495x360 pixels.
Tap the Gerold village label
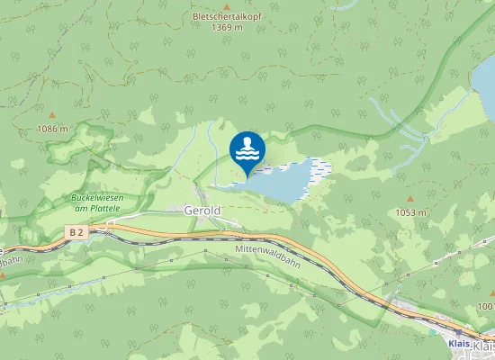click(x=202, y=211)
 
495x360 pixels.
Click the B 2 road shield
click(x=77, y=232)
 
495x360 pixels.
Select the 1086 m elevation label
click(x=53, y=129)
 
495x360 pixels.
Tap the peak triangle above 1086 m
click(x=51, y=116)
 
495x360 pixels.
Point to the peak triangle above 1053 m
click(x=409, y=199)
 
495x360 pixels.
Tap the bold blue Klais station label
click(x=459, y=343)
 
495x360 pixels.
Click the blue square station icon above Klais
click(x=457, y=331)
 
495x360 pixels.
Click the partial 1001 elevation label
click(x=487, y=307)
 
